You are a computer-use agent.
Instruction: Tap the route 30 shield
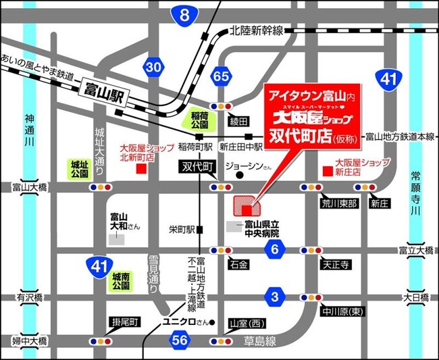(154, 66)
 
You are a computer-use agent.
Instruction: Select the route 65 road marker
(220, 76)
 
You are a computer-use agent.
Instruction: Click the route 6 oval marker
(274, 250)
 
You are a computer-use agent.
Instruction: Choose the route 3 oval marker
(274, 296)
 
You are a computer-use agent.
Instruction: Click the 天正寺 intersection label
(335, 265)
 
